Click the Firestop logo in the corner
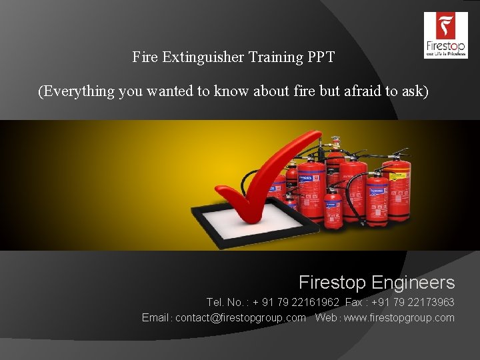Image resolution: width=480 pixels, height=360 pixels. pos(445,35)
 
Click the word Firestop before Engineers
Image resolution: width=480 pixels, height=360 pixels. pos(332,283)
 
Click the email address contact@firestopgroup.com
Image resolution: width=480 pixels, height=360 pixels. pos(241,318)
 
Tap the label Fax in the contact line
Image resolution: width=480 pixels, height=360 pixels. pos(354,302)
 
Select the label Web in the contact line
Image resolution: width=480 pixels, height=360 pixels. pos(326,318)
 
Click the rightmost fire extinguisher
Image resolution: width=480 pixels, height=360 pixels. pos(398,190)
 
